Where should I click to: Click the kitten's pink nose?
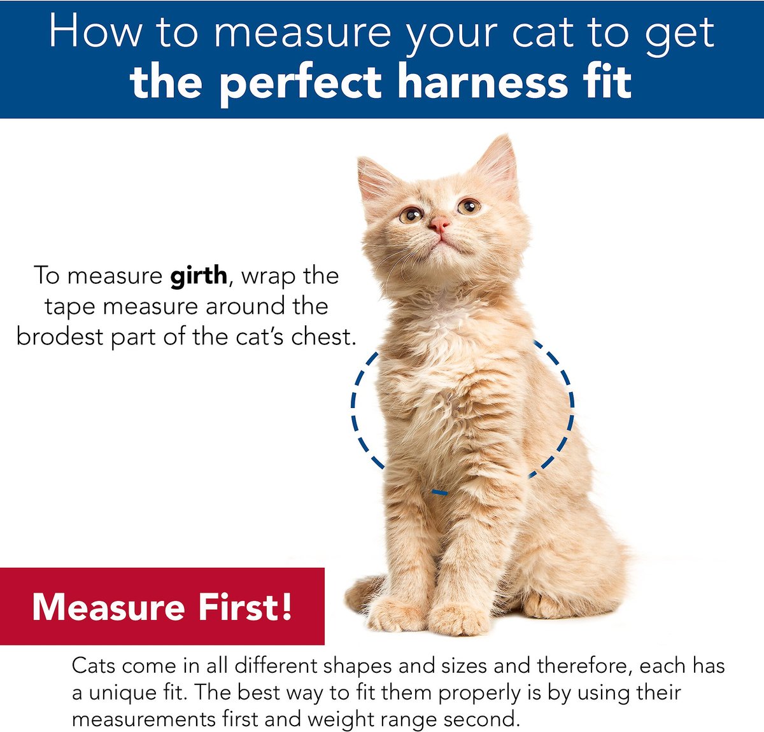tap(439, 224)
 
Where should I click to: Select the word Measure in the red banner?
tap(108, 608)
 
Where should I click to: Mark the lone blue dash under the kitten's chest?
tap(439, 492)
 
